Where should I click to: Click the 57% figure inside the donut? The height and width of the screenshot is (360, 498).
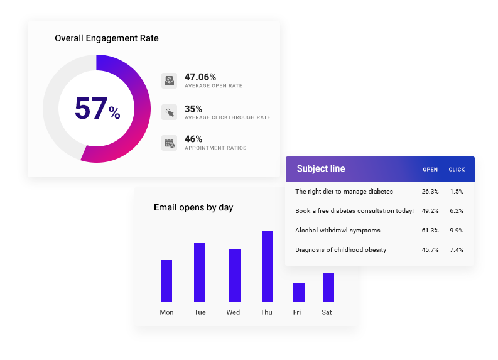tap(97, 109)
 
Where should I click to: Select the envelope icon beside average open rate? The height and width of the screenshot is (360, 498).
tap(169, 80)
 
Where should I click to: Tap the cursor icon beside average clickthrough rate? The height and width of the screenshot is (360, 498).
tap(169, 112)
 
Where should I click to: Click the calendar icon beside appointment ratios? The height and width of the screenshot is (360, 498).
tap(169, 143)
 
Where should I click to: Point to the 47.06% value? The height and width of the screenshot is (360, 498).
tap(200, 77)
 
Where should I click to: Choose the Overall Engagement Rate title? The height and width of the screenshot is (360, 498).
tap(107, 38)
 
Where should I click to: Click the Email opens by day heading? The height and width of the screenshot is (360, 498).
tap(193, 207)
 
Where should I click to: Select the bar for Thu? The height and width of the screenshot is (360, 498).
tap(267, 266)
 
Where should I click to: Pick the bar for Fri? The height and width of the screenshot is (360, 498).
tap(299, 292)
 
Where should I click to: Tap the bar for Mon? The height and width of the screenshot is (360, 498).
tap(166, 281)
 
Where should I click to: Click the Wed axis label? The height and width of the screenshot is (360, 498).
tap(233, 312)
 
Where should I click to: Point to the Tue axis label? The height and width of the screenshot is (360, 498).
tap(200, 312)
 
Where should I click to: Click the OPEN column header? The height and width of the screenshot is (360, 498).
tap(430, 170)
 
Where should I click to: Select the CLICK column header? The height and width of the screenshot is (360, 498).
tap(457, 170)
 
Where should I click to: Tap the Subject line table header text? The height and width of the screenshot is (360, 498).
tap(320, 169)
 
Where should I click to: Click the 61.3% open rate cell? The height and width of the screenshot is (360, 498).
tap(430, 231)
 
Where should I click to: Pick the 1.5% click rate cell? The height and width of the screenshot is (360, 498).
tap(457, 192)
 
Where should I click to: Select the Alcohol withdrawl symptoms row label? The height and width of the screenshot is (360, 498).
tap(337, 231)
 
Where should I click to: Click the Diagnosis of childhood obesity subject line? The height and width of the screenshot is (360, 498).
tap(340, 250)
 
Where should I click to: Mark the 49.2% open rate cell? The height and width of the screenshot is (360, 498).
tap(430, 211)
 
